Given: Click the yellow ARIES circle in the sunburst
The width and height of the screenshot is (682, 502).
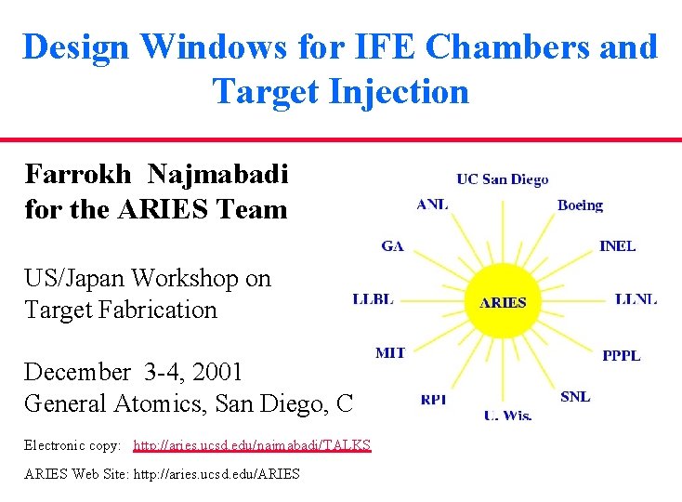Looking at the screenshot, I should [x=503, y=301].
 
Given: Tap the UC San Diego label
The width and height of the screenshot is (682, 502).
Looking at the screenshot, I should [x=503, y=179].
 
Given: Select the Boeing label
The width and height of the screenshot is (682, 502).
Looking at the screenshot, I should [x=580, y=205].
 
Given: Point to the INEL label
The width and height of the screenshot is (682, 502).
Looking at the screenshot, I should [x=618, y=245].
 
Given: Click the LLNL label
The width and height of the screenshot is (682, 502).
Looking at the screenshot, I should [x=636, y=298].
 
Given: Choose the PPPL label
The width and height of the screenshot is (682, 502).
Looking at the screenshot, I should [x=621, y=355].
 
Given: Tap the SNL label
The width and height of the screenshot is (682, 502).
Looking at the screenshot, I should [x=575, y=396].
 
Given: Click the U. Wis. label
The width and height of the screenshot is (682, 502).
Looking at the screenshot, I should [x=507, y=415].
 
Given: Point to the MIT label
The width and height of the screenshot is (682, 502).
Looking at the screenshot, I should [x=390, y=352].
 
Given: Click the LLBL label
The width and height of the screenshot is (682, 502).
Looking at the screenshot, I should [x=374, y=298].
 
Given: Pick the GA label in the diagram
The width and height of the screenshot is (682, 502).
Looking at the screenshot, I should [x=392, y=245].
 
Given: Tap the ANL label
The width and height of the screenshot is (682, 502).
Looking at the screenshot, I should [x=432, y=205].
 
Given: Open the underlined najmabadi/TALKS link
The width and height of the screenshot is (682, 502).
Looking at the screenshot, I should [x=252, y=445].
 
